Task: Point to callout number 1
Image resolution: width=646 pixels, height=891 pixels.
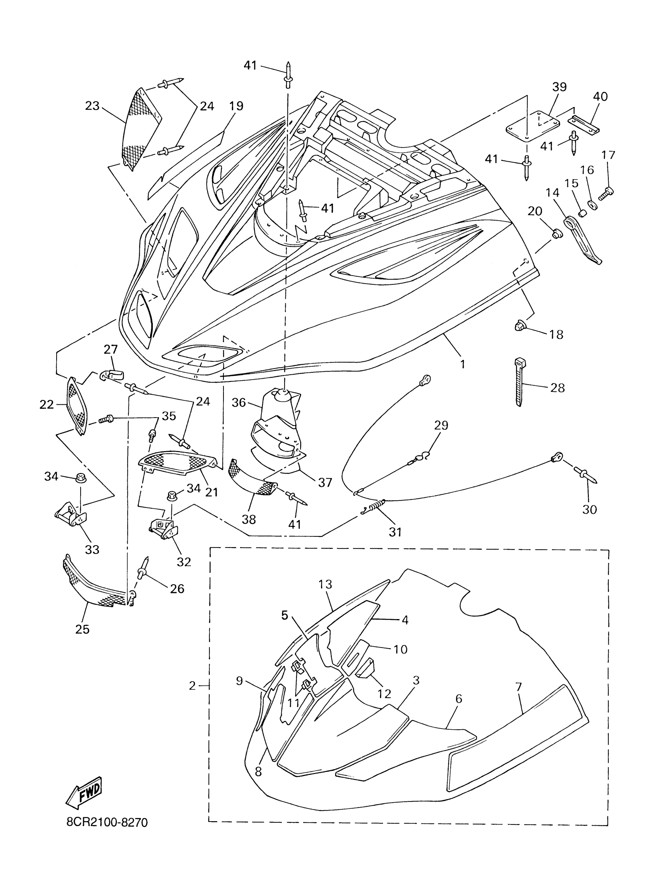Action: point(462,364)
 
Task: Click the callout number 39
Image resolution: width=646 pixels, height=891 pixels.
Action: point(559,87)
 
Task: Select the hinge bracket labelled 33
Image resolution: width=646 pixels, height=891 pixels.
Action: point(70,516)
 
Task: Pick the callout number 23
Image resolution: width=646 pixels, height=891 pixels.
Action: point(92,106)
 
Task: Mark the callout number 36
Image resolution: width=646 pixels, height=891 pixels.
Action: point(239,402)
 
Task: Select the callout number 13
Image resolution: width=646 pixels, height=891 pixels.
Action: point(326,584)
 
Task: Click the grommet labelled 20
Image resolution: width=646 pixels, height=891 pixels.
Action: point(556,234)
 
